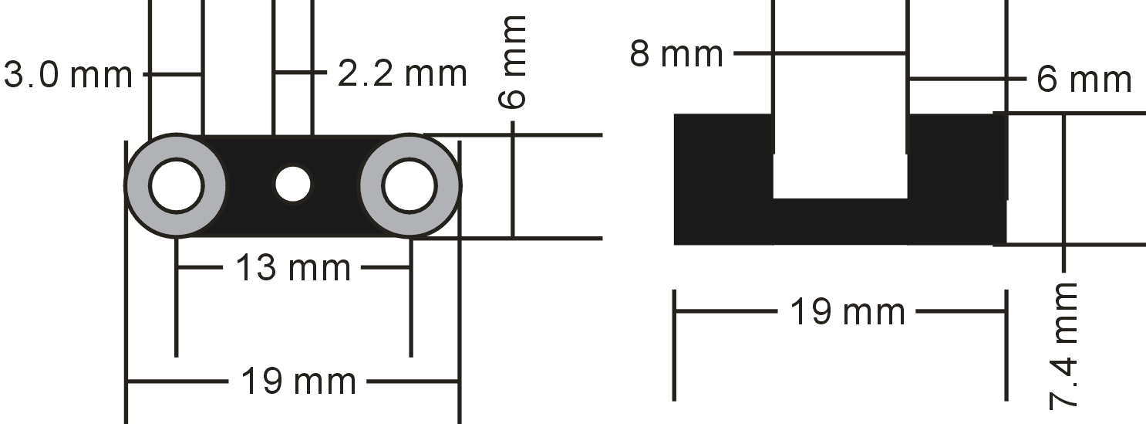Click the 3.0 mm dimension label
click(68, 75)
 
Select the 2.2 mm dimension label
click(402, 73)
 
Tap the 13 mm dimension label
click(292, 268)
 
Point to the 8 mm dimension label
click(676, 54)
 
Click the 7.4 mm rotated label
click(1063, 346)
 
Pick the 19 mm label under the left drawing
click(298, 382)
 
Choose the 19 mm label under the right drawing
click(848, 311)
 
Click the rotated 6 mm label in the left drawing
click(511, 62)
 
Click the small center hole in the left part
click(292, 185)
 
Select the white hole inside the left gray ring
click(177, 185)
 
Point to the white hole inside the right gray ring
click(410, 185)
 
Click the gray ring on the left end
click(137, 185)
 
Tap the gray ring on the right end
click(448, 185)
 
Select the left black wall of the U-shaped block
click(723, 179)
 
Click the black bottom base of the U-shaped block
click(841, 222)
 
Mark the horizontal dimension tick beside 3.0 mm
click(171, 74)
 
